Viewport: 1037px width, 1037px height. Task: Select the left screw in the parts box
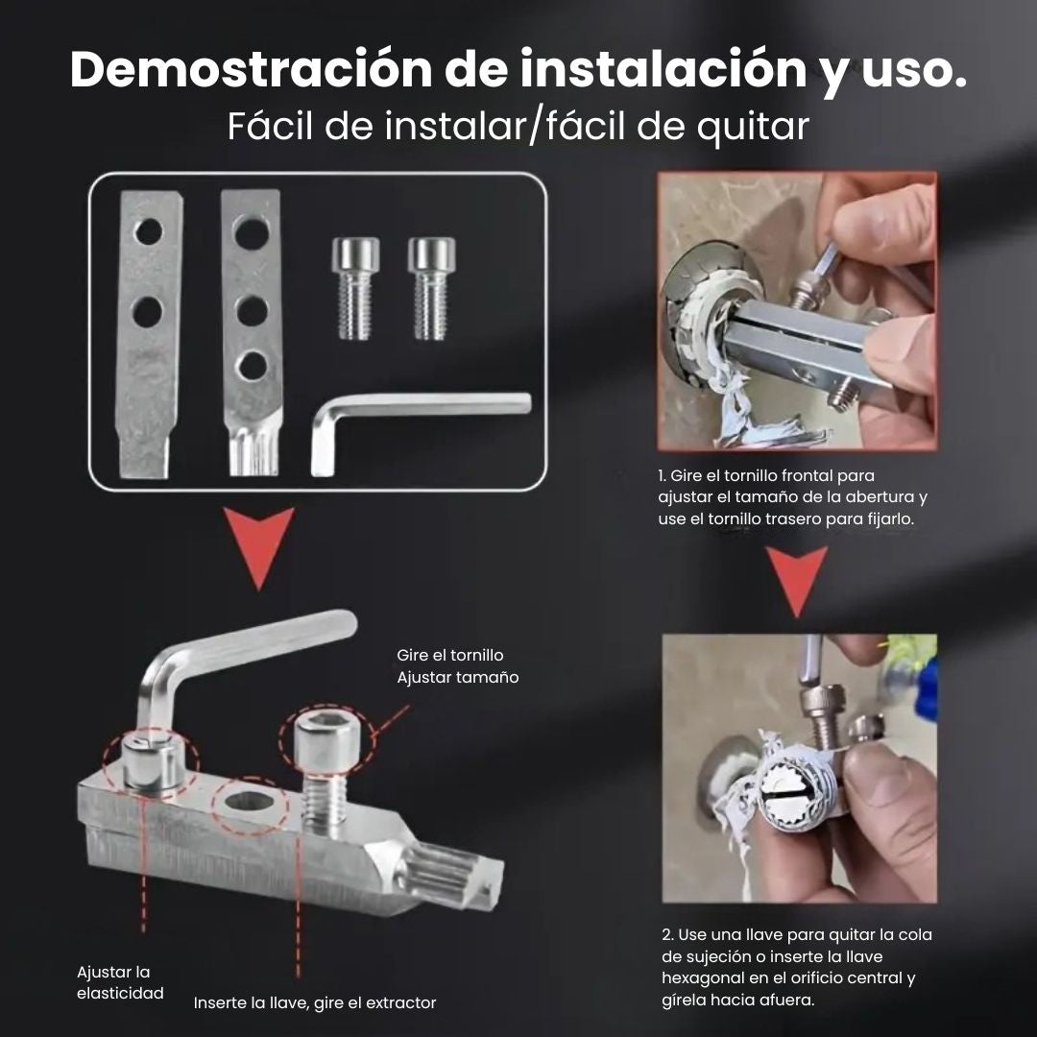click(355, 288)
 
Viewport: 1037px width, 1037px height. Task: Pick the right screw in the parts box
click(431, 288)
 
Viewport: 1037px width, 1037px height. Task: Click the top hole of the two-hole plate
click(149, 231)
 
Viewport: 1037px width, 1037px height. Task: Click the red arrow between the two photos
click(796, 580)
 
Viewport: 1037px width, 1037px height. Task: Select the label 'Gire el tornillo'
click(450, 655)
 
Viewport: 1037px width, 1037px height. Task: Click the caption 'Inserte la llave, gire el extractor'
click(315, 1002)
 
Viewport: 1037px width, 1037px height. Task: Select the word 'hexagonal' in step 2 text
click(700, 977)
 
